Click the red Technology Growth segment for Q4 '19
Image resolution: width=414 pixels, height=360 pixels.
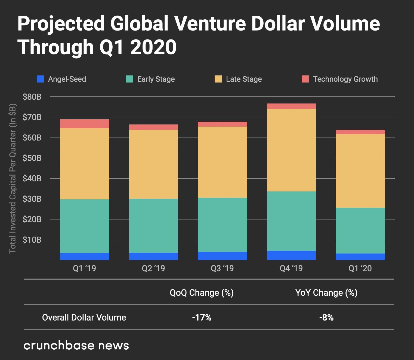point(291,106)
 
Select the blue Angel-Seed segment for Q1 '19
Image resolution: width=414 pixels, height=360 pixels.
point(85,257)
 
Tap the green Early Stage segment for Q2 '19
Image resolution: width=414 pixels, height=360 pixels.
point(153,226)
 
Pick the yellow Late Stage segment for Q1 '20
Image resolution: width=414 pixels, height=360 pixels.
point(360,171)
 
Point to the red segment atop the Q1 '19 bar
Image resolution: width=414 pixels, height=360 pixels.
point(85,124)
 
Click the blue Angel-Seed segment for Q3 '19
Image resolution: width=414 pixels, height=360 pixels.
point(222,256)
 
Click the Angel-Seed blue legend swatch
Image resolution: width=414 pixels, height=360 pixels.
point(40,79)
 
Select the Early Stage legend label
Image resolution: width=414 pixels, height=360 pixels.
point(156,79)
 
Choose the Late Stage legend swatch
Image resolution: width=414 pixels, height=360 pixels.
point(218,79)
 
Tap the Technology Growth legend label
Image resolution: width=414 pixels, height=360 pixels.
point(345,79)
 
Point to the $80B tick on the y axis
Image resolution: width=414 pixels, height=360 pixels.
point(32,97)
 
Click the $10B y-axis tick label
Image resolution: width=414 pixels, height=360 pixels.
point(32,240)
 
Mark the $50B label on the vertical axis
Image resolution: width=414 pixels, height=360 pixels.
point(32,158)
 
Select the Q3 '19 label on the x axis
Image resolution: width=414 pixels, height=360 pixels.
point(222,269)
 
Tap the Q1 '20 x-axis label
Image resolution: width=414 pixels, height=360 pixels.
point(360,269)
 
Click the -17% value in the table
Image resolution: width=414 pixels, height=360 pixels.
point(202,318)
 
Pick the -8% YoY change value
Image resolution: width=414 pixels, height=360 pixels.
point(326,318)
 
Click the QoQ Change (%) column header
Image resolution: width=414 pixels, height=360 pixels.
point(202,293)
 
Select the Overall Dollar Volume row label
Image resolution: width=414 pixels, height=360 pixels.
point(84,318)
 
